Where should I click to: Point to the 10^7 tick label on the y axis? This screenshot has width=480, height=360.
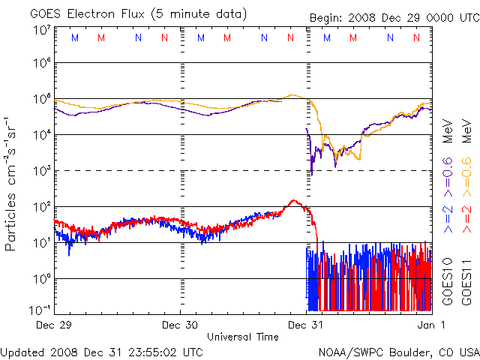tap(41, 31)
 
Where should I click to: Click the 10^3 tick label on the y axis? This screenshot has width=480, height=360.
tap(41, 170)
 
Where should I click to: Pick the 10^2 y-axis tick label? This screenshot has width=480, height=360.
tap(41, 206)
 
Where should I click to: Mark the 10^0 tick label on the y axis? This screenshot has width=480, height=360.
tap(41, 278)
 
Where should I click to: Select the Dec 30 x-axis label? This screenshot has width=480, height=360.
tap(181, 325)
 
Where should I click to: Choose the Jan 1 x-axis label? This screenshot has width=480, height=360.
tap(430, 325)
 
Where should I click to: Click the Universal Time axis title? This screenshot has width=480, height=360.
tap(243, 337)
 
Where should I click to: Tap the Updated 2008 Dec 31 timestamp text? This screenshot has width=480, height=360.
tap(102, 352)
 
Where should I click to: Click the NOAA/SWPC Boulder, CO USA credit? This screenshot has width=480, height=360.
tap(398, 352)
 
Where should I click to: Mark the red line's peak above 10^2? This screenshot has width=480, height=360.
tap(294, 201)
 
